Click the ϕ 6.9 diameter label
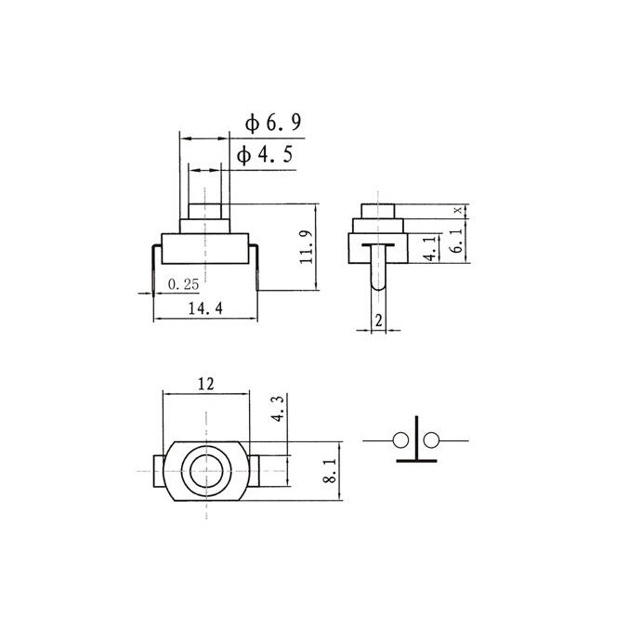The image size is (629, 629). click(x=273, y=123)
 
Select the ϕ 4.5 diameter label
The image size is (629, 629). click(x=265, y=155)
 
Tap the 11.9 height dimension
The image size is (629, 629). click(x=306, y=247)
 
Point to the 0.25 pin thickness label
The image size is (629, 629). click(x=183, y=284)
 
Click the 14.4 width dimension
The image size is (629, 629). click(x=205, y=308)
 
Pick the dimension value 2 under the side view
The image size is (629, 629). click(x=379, y=321)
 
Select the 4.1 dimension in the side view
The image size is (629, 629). click(x=430, y=249)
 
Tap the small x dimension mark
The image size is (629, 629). click(x=459, y=210)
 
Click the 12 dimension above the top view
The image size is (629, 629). click(x=205, y=384)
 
